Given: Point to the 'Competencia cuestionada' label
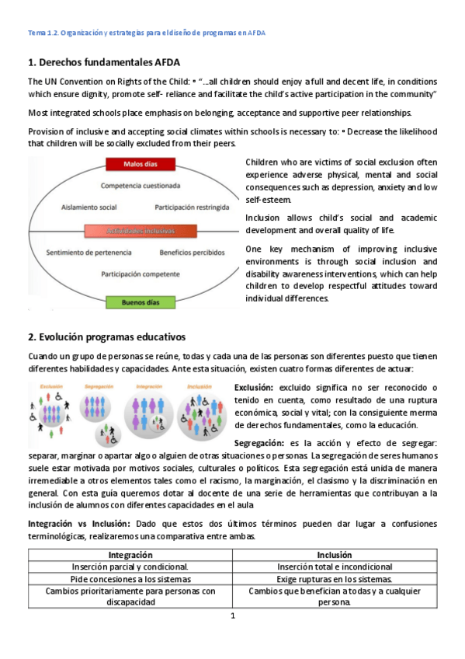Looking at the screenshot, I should coord(141,186).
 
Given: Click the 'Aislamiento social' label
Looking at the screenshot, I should coord(88,207).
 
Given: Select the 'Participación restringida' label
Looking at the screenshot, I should coord(192,207).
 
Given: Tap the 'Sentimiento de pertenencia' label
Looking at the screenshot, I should coord(86,253).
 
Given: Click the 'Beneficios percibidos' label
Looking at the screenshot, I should coord(191,253).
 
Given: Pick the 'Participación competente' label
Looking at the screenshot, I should coord(140,274).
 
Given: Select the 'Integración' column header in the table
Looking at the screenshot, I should coord(130,555).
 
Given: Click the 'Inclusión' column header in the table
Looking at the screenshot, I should coord(335,555).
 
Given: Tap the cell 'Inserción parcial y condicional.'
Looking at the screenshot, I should coord(130,567).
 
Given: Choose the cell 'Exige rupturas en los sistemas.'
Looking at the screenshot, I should coord(335,580).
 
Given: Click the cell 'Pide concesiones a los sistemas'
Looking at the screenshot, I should coord(130,580).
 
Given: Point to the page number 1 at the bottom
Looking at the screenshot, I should coord(232,616).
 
